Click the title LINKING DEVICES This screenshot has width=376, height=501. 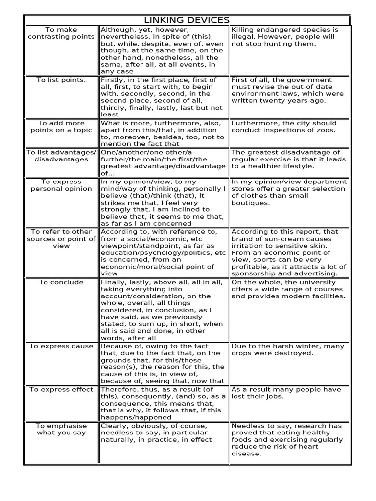pos(187,20)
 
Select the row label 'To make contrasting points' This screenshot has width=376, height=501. pos(61,33)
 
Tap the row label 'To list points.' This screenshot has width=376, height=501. pos(61,80)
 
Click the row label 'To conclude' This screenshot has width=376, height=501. pos(61,282)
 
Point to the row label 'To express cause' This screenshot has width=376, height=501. pos(61,346)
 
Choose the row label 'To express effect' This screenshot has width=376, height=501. pos(61,389)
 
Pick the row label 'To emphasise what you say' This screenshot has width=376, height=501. pos(61,429)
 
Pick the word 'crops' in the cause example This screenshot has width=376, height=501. pos(242,353)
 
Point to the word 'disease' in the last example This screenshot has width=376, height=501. pos(246,454)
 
